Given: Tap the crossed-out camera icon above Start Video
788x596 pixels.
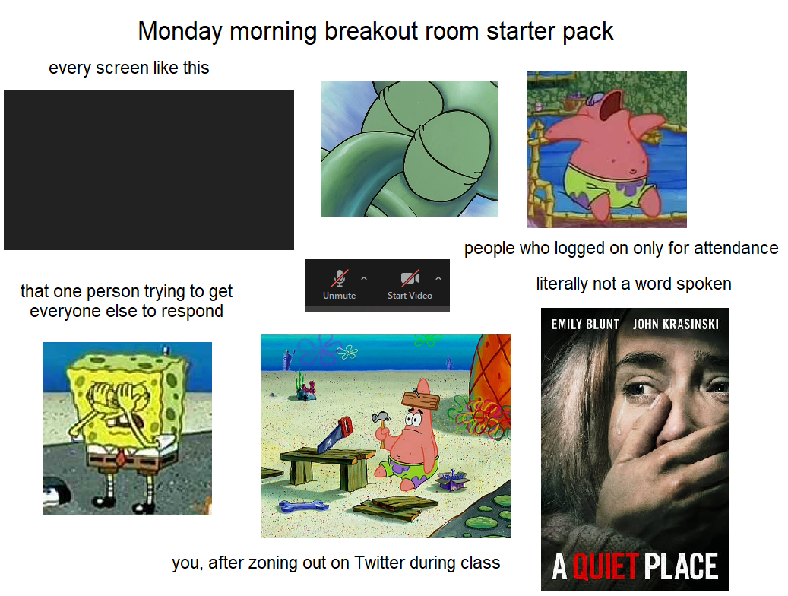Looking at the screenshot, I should [x=410, y=278].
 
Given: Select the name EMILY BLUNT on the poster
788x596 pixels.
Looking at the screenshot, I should [x=585, y=324].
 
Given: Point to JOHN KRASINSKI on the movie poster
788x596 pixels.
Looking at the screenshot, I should [x=676, y=324].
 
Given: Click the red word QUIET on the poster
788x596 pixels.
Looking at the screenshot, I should [x=605, y=567].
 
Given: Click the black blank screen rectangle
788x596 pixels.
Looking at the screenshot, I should [x=149, y=170].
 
